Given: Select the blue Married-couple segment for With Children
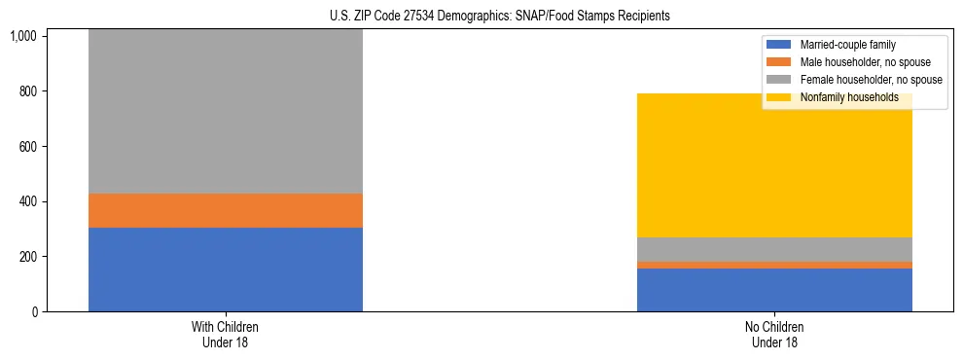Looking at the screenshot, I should [225, 270].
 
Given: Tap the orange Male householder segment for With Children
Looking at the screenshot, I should [225, 210].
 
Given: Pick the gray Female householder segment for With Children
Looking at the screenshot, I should [225, 111].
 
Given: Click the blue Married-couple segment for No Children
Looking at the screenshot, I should [774, 290].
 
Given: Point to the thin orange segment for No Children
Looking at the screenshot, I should [774, 265].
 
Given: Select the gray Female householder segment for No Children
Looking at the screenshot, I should [774, 249].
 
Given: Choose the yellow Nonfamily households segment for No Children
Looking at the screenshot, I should [774, 165].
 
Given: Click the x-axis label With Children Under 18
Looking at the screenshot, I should [225, 335].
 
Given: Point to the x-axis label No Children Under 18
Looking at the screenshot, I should [774, 335].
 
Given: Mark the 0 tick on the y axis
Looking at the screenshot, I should [33, 312].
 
